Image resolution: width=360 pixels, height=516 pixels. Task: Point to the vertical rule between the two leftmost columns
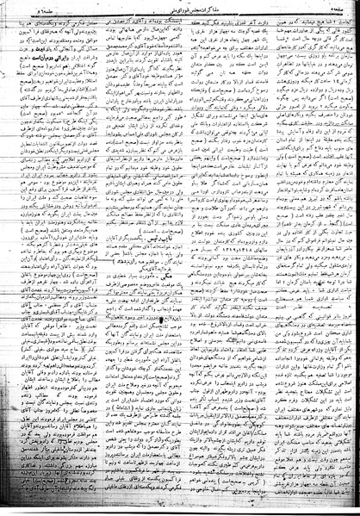coord(97,258)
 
